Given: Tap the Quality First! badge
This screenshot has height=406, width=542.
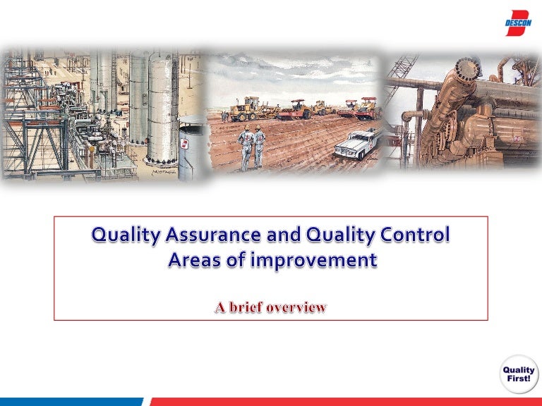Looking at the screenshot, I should pyautogui.click(x=519, y=374).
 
